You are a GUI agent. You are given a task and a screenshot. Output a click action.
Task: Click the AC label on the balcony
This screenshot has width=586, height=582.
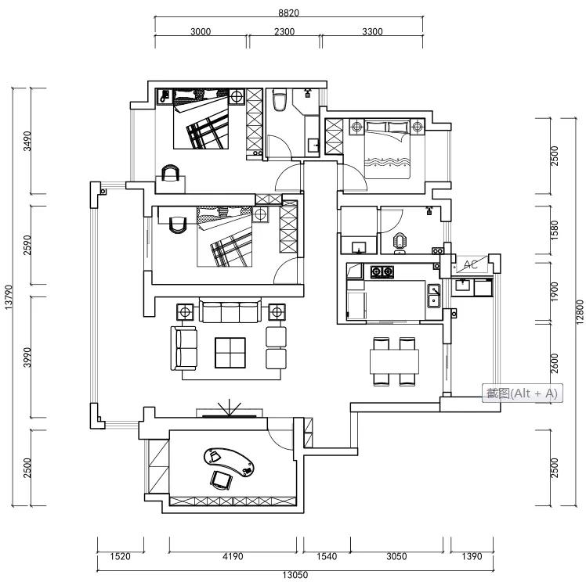click(x=471, y=264)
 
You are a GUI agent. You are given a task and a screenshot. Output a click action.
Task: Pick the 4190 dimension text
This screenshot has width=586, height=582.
click(x=233, y=557)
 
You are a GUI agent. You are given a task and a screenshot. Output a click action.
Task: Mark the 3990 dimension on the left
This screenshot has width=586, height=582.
click(x=27, y=357)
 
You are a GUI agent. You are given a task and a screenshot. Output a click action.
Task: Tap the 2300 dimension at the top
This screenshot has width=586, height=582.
click(x=284, y=32)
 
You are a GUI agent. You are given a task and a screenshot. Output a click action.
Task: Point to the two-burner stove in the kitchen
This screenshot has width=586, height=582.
click(x=382, y=272)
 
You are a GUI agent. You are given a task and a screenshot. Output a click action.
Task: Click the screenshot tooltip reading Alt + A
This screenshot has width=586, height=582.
click(x=520, y=393)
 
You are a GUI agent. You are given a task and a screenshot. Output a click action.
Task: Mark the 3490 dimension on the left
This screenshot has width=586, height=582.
click(x=27, y=141)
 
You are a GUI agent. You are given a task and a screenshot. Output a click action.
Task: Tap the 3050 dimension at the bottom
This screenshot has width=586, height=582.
click(x=396, y=557)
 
